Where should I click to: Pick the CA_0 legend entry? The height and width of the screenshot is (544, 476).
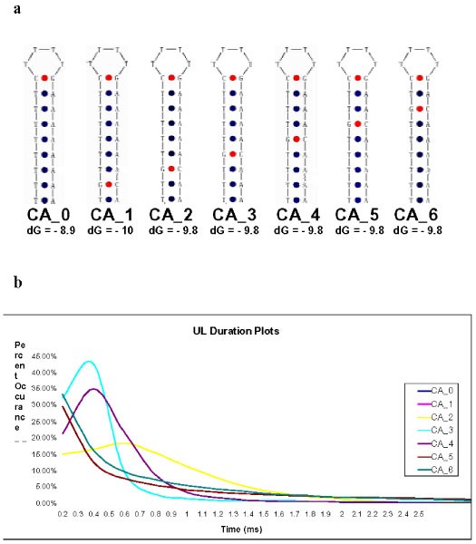[441, 390]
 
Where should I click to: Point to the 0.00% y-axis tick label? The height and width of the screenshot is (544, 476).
[44, 503]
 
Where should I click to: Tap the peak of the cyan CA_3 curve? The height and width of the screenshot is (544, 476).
[88, 362]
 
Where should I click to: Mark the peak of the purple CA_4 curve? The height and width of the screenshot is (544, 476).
[94, 389]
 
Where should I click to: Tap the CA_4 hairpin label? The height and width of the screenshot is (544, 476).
[295, 214]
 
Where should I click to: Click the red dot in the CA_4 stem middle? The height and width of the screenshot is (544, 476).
[296, 139]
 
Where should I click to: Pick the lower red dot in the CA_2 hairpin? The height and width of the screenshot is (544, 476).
[170, 169]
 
